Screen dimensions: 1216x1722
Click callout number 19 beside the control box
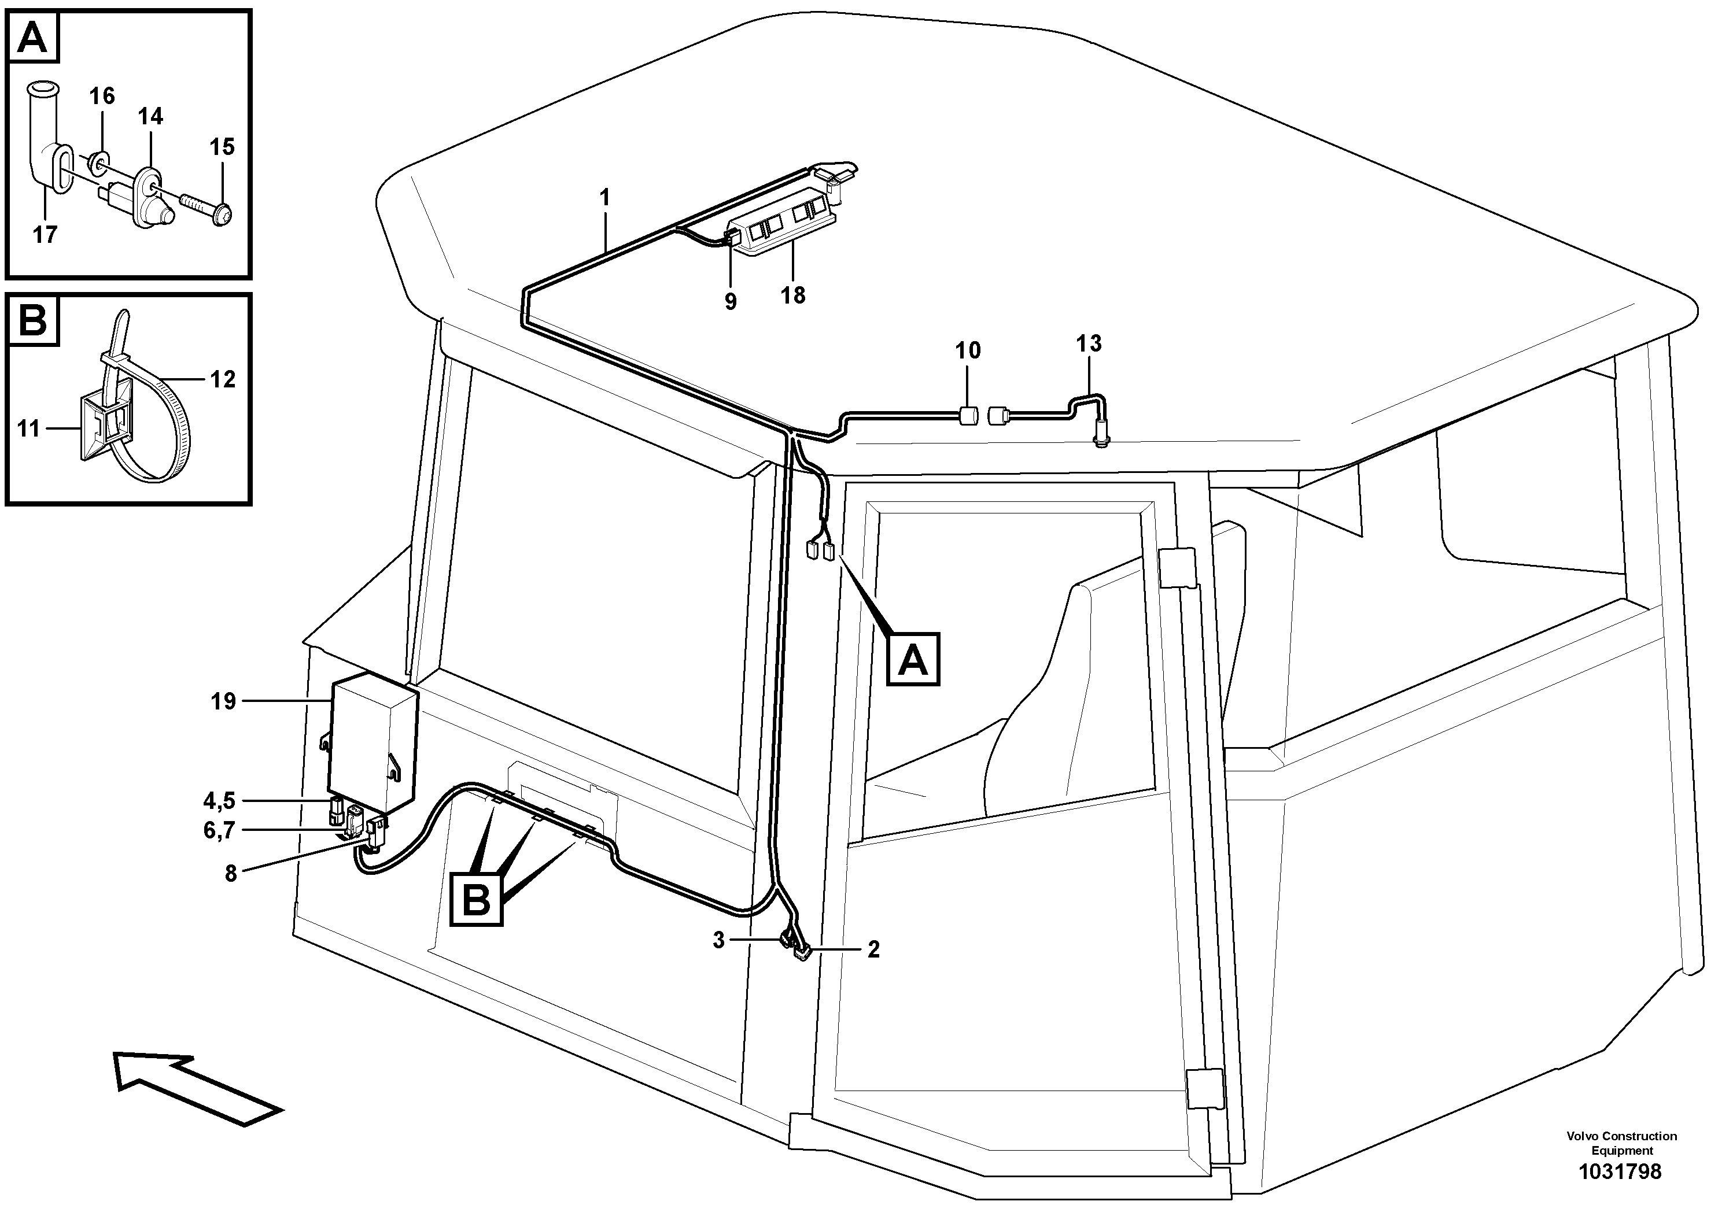[223, 702]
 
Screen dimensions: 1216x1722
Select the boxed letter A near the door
[912, 660]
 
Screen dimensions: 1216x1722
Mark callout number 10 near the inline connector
[968, 350]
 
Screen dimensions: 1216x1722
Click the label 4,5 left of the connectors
[219, 801]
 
